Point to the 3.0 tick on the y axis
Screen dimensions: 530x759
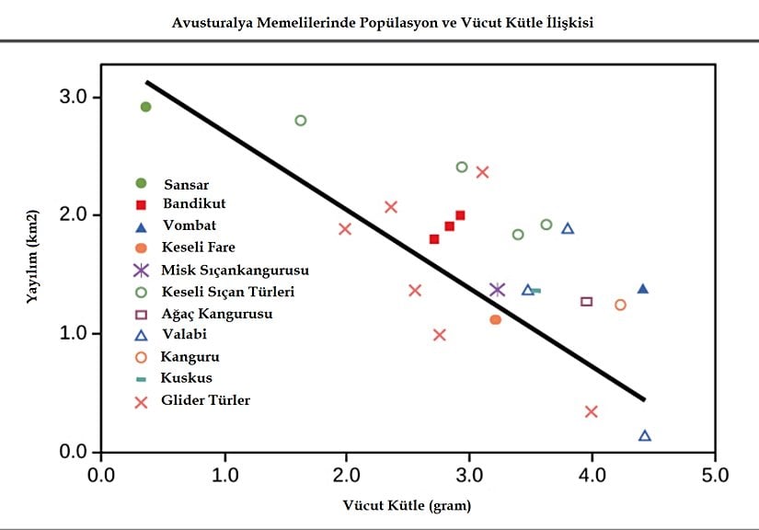(x=75, y=98)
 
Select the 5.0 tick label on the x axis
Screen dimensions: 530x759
(x=714, y=476)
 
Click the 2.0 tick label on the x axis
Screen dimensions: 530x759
(x=346, y=476)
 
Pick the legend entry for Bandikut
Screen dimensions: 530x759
(x=194, y=202)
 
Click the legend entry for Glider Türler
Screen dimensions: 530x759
(x=205, y=400)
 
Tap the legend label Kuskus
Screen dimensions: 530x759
(x=186, y=378)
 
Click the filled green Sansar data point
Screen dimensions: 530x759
(x=145, y=107)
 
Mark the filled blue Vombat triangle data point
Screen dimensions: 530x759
(x=642, y=289)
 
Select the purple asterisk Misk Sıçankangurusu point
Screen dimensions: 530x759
(x=498, y=290)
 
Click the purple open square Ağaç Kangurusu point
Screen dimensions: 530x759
(x=587, y=302)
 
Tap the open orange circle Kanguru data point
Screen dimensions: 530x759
(x=620, y=305)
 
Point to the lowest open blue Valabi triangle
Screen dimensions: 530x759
(x=645, y=435)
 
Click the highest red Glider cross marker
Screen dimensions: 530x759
(x=482, y=171)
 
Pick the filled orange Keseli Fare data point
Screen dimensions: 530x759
(x=495, y=319)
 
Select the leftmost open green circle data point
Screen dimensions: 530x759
(x=300, y=121)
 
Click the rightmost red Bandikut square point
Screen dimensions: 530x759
(x=460, y=215)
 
